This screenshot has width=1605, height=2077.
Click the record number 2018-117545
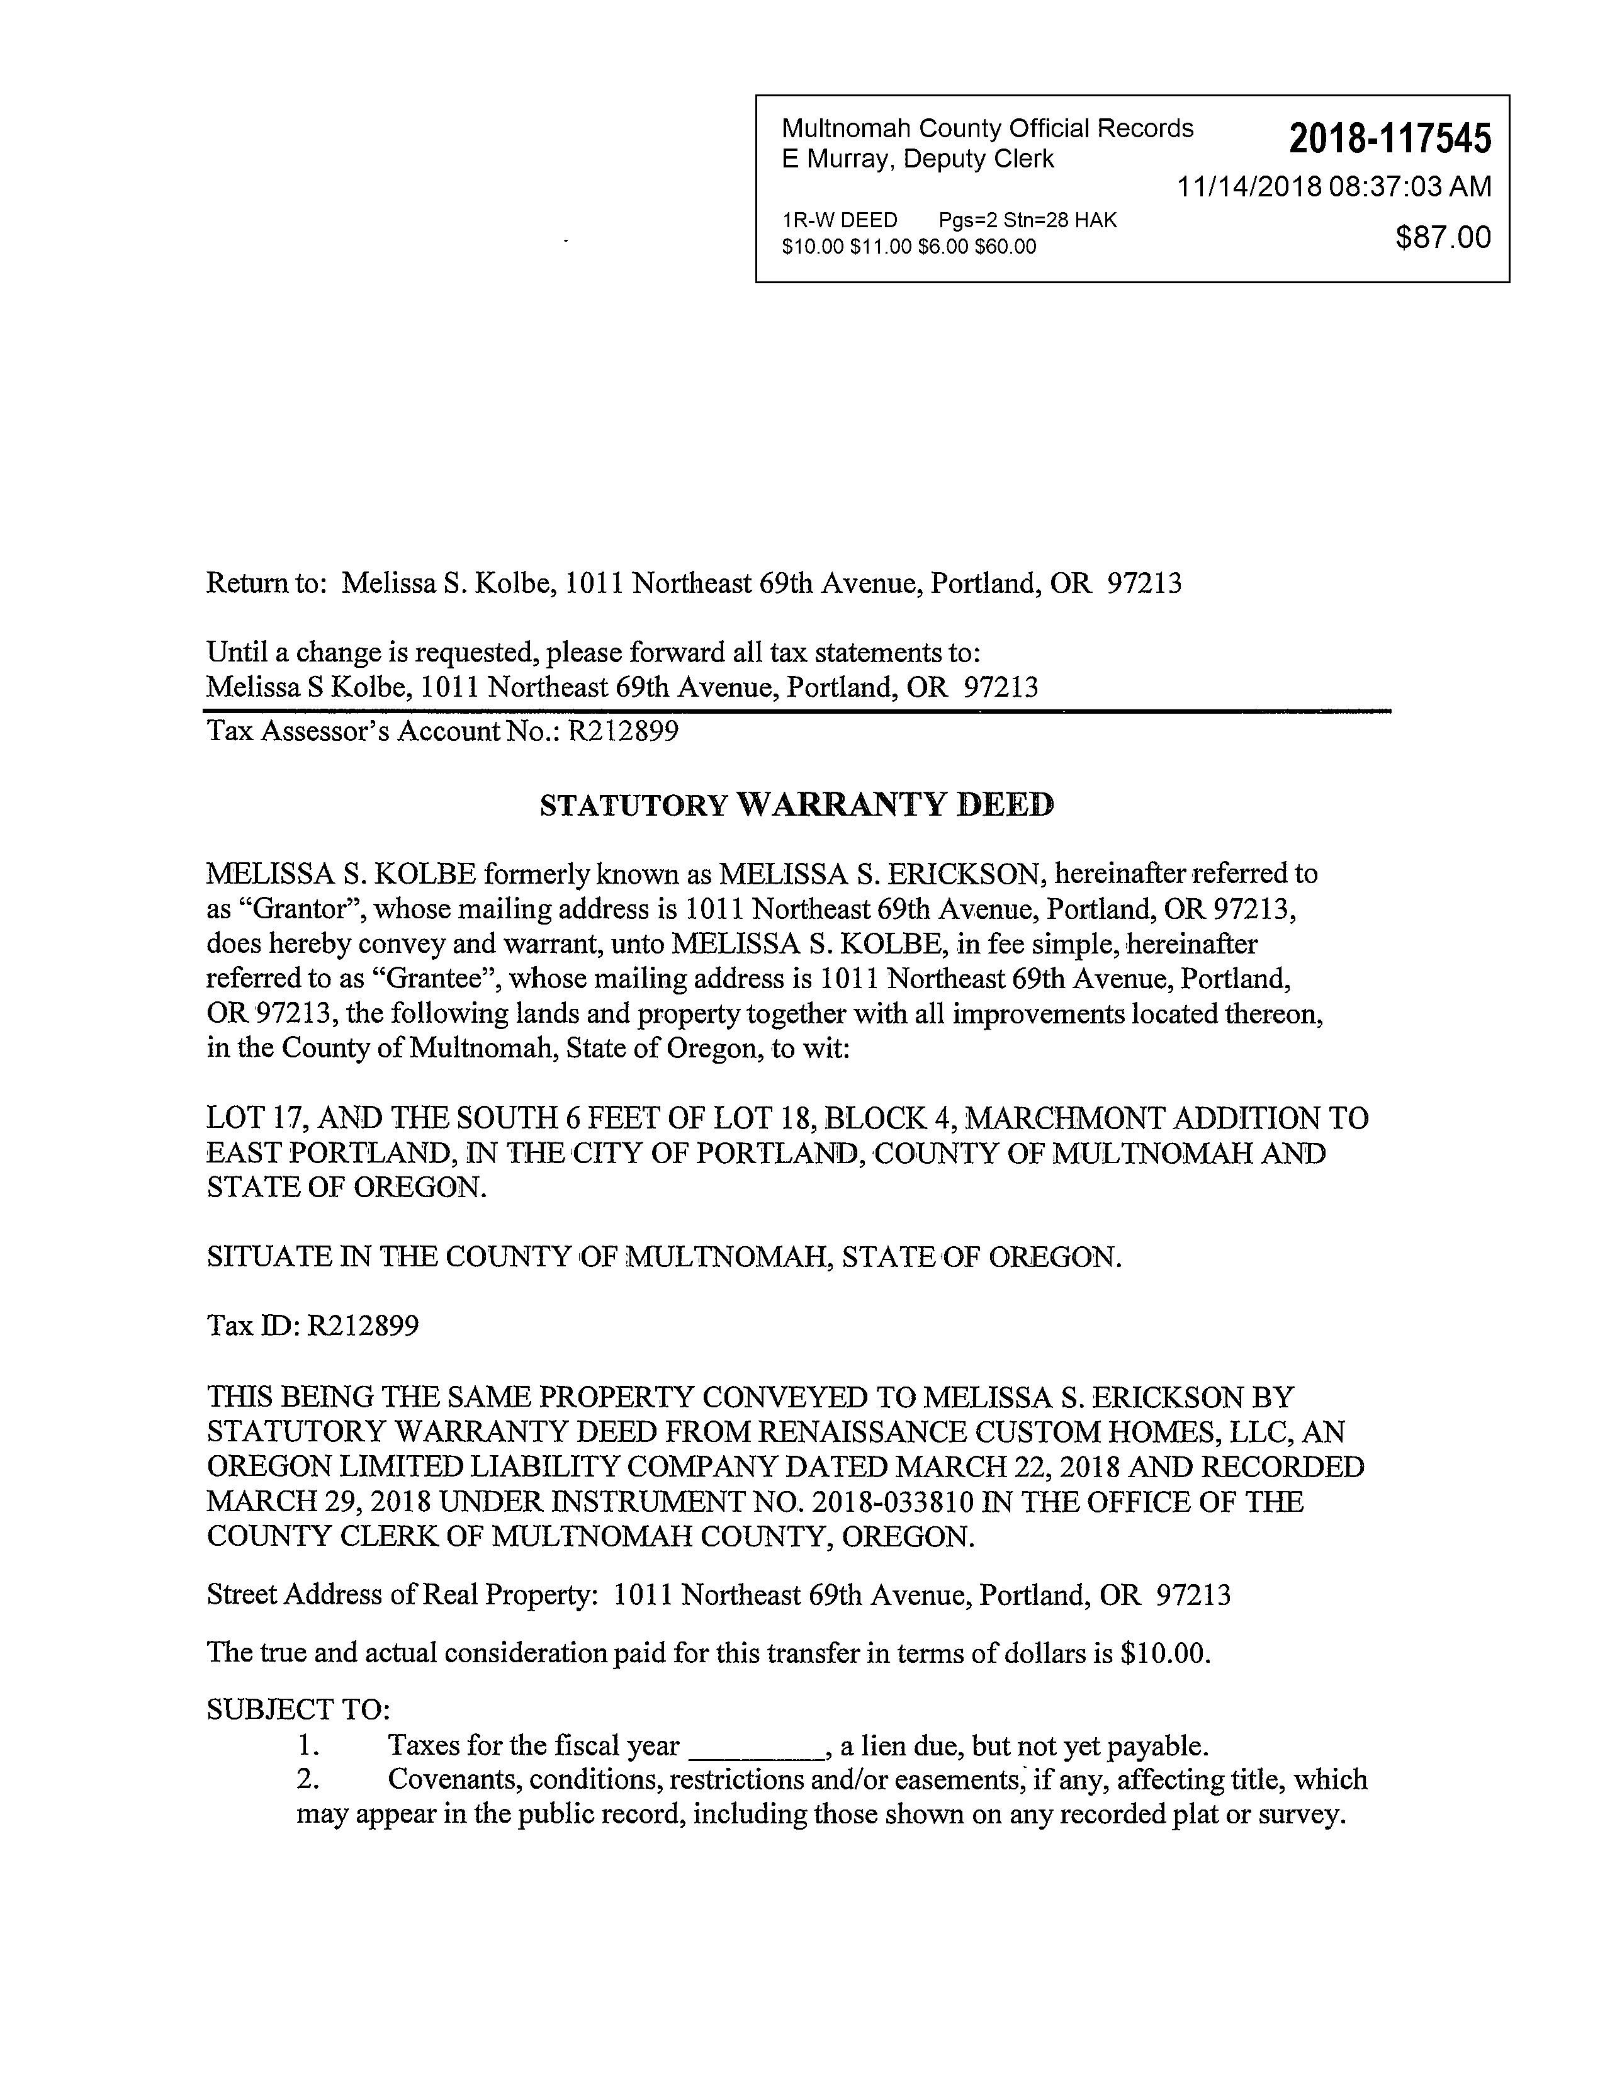coord(1390,139)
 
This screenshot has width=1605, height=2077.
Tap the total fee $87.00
coord(1443,237)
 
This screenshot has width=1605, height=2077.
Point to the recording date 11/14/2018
coord(1249,186)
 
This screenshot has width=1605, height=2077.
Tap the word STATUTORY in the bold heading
coord(633,806)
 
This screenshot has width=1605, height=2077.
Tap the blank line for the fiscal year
coord(755,1746)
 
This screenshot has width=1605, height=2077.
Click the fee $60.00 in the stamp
coord(1005,247)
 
